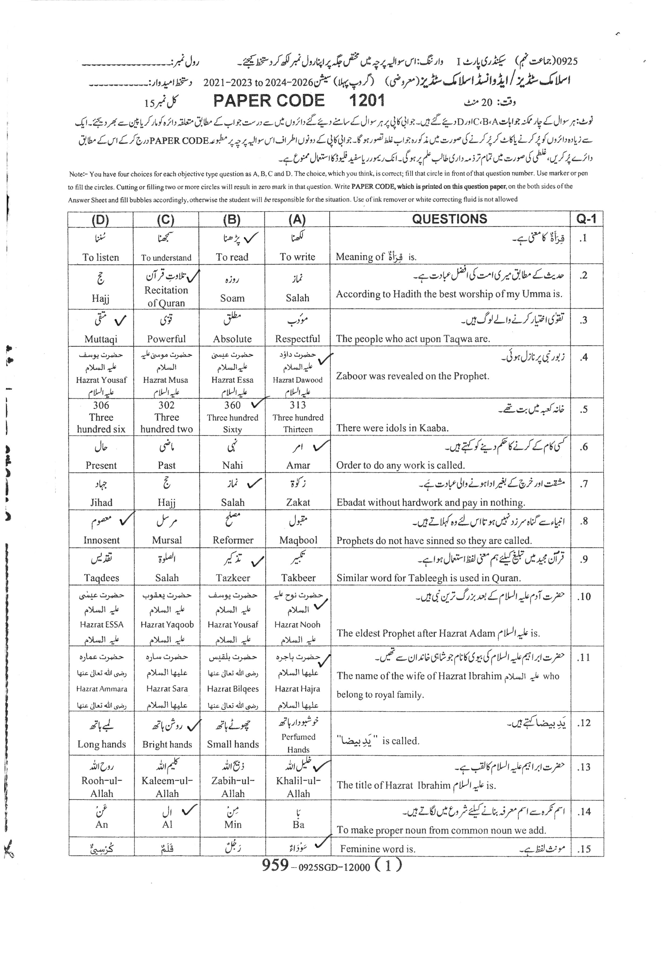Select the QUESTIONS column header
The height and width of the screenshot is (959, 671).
click(449, 219)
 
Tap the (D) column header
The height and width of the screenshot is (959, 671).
click(100, 220)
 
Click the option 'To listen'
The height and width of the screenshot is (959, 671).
click(101, 257)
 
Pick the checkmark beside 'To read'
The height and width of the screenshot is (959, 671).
click(251, 238)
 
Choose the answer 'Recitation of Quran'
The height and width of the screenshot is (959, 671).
click(166, 296)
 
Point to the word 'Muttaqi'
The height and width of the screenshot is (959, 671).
click(101, 339)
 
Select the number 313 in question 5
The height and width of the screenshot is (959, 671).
click(297, 405)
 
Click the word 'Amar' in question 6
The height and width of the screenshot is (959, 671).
click(298, 465)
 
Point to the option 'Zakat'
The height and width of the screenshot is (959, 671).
click(298, 502)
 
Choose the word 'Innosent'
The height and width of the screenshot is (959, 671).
click(101, 540)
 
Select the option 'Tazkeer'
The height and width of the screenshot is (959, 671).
click(233, 578)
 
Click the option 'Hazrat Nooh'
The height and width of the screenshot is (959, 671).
click(297, 625)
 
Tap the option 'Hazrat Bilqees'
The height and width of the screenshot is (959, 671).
click(233, 689)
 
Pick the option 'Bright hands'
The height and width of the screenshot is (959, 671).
click(167, 744)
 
